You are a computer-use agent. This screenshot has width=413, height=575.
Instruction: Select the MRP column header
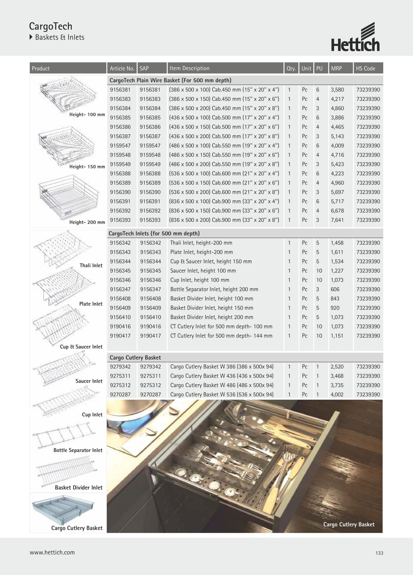[336, 68]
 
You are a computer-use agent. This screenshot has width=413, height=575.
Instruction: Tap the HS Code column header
[365, 68]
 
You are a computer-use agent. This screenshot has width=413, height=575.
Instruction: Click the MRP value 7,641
[337, 220]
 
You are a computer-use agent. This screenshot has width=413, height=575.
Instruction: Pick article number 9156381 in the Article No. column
[120, 90]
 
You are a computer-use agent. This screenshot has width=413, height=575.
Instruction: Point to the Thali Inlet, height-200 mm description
[201, 243]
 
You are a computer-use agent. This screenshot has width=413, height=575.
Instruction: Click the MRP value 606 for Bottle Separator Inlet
[335, 289]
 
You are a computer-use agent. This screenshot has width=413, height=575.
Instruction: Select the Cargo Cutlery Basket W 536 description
[222, 394]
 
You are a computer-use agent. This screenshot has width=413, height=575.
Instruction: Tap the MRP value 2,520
[337, 367]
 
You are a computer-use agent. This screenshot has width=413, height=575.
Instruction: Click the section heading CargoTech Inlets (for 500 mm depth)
[154, 234]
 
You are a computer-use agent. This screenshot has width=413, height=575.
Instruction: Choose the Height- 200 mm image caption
[87, 222]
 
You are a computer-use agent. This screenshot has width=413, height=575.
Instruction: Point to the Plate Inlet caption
[91, 304]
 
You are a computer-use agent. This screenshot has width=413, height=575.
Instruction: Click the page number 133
[379, 553]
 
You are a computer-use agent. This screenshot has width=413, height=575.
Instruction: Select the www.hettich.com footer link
[52, 553]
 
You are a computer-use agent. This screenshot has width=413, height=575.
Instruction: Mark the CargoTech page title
[51, 26]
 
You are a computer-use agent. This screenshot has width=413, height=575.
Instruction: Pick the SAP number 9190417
[150, 336]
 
